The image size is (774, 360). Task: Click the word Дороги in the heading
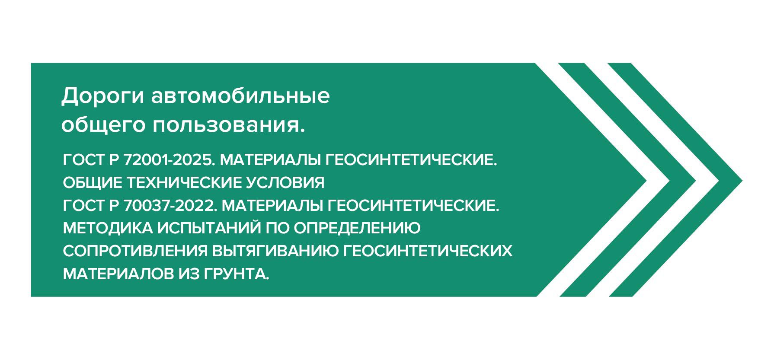(102, 96)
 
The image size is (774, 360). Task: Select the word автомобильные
(240, 96)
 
